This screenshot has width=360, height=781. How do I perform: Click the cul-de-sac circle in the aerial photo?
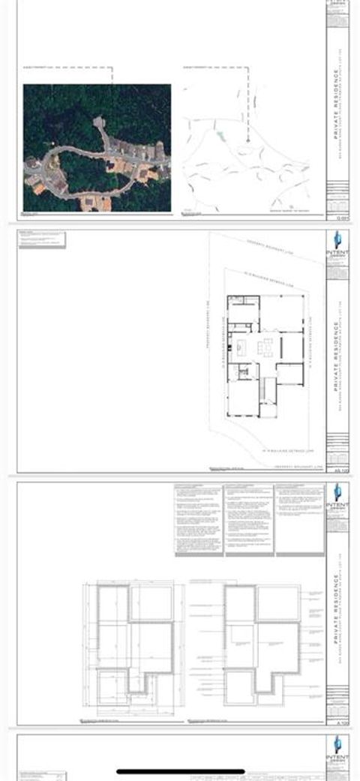click(98, 121)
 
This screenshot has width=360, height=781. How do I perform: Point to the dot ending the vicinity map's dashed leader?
click(247, 140)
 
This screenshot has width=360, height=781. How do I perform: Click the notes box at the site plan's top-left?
click(42, 240)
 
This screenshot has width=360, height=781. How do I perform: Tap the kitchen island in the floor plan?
click(244, 347)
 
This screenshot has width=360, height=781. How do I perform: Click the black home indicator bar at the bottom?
click(180, 770)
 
